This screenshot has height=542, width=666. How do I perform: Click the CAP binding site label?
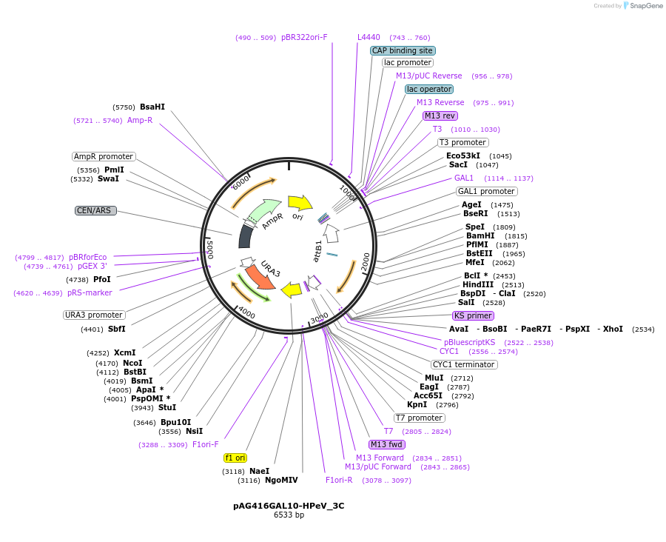point(403,50)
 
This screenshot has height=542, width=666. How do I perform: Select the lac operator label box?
point(429,89)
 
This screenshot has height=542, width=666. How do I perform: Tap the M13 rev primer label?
point(440,116)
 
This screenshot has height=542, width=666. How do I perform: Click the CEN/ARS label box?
point(95,210)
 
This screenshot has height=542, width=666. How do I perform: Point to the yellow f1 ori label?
point(235,458)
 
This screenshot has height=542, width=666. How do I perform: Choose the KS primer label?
point(473,315)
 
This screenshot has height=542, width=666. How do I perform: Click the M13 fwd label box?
point(387,444)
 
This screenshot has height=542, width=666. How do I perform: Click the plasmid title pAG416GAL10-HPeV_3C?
point(289,506)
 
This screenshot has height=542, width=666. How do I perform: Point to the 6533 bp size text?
point(289,515)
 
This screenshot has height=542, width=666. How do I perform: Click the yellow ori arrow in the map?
point(300,202)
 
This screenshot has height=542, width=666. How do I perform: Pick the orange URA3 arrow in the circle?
point(260,276)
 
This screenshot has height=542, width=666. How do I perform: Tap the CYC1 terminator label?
point(464,364)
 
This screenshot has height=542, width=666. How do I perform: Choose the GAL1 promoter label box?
point(487,191)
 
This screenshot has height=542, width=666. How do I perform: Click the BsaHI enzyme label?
point(152,107)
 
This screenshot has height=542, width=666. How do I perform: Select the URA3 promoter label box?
point(94,315)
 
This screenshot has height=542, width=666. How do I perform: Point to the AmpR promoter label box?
point(104,156)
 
